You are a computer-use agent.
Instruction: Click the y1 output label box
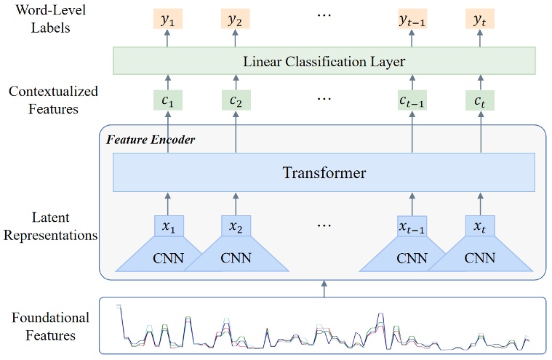click(168, 20)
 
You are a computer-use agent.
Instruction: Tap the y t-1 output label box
click(412, 20)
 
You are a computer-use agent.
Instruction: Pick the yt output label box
click(480, 20)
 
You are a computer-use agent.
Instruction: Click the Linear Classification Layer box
click(324, 61)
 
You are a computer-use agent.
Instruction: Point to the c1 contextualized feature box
click(168, 101)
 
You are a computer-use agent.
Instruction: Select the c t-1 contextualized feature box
click(412, 101)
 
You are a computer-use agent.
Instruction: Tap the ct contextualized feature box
click(480, 101)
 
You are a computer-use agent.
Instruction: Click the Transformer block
click(324, 173)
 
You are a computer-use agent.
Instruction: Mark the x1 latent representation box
click(168, 226)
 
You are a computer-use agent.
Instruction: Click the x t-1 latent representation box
click(412, 226)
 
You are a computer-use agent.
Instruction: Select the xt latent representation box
click(480, 226)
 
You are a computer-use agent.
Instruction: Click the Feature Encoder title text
click(151, 139)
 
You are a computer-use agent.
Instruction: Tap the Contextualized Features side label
click(53, 101)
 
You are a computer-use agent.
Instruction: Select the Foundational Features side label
click(50, 327)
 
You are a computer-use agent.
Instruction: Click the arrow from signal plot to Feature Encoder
click(324, 289)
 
